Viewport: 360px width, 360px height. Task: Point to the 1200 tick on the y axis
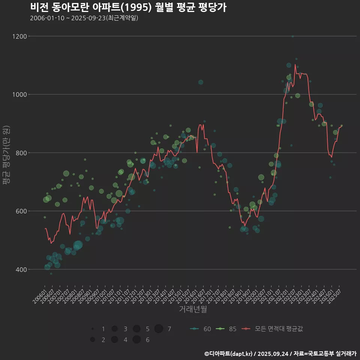[x=19, y=36]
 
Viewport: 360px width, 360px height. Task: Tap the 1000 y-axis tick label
[x=19, y=94]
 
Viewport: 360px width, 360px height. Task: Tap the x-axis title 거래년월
[x=193, y=309]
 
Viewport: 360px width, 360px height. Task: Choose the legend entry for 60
[x=200, y=329]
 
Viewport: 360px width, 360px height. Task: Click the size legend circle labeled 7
[x=159, y=329]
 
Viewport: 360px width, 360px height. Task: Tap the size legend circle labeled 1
[x=92, y=329]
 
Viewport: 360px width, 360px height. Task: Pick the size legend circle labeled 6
[x=136, y=340]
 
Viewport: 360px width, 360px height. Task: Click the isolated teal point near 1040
[x=201, y=82]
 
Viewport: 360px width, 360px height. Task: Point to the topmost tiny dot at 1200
[x=292, y=36]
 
